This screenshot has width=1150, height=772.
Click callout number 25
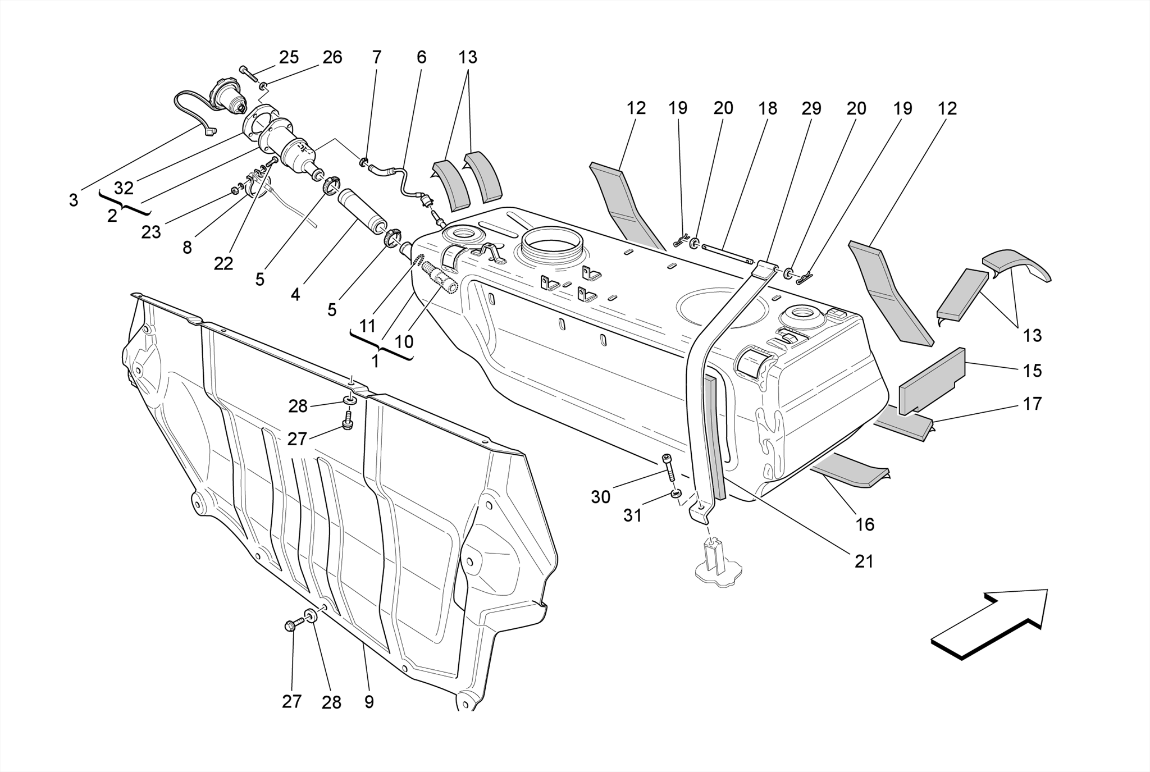click(x=289, y=57)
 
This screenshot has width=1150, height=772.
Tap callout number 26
click(x=332, y=57)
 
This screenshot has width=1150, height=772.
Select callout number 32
click(x=124, y=188)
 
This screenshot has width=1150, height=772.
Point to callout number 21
click(x=864, y=561)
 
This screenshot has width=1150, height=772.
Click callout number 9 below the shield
click(x=369, y=702)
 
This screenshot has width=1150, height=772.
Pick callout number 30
click(x=600, y=497)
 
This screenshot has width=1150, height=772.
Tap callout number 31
click(x=632, y=515)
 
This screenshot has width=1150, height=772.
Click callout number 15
click(x=1032, y=371)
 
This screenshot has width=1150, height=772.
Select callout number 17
click(x=1032, y=404)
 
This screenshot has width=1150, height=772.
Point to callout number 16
click(x=865, y=524)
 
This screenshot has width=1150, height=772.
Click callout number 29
click(x=811, y=108)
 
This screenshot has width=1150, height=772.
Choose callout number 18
click(x=768, y=108)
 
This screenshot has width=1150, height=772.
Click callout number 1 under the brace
click(x=375, y=362)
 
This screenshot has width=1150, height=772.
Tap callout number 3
click(x=74, y=200)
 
